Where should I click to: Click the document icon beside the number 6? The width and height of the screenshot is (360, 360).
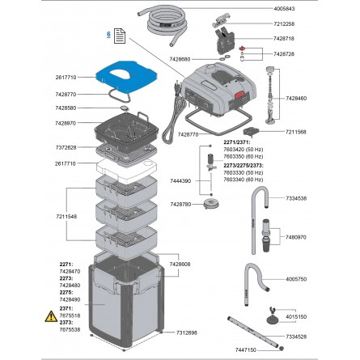tap(119, 36)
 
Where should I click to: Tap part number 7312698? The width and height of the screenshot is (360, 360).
tap(187, 332)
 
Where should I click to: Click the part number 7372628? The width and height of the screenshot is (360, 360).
tap(66, 148)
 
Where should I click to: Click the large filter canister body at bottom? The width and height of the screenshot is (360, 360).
tap(129, 303)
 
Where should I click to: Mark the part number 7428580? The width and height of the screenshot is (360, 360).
tap(66, 108)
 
